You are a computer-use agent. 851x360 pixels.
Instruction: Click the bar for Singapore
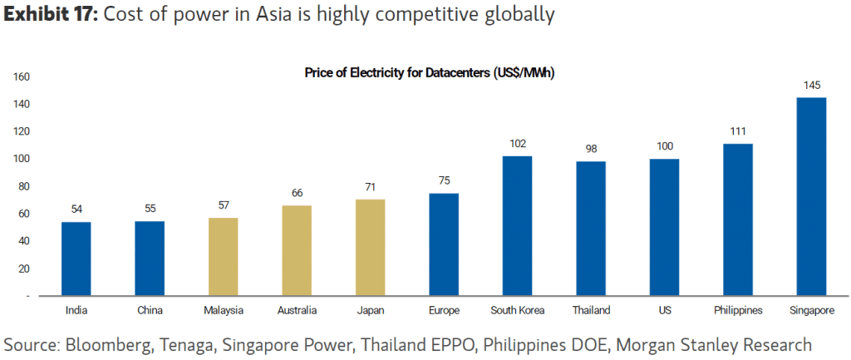[811, 196]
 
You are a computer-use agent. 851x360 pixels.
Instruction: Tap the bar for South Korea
[517, 225]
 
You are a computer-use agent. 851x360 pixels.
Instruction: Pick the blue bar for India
[76, 259]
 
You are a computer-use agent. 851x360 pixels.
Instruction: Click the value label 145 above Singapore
[811, 86]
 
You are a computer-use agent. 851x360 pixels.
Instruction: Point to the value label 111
[738, 131]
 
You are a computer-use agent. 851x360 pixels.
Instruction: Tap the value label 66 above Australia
[297, 193]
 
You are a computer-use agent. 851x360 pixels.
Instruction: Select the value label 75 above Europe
[444, 180]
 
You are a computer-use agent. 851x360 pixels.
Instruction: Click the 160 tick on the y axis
[22, 77]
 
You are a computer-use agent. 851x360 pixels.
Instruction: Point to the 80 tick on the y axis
[24, 186]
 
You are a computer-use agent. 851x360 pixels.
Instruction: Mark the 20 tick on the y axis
[24, 269]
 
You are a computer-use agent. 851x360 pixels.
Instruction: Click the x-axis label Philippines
[738, 310]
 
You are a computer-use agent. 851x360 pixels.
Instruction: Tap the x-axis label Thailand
[591, 310]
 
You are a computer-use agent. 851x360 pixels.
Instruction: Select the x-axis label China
[150, 310]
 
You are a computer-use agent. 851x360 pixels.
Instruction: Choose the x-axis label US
[664, 310]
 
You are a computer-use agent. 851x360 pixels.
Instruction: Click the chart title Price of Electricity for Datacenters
[429, 73]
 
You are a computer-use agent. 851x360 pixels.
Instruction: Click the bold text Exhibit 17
[51, 14]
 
